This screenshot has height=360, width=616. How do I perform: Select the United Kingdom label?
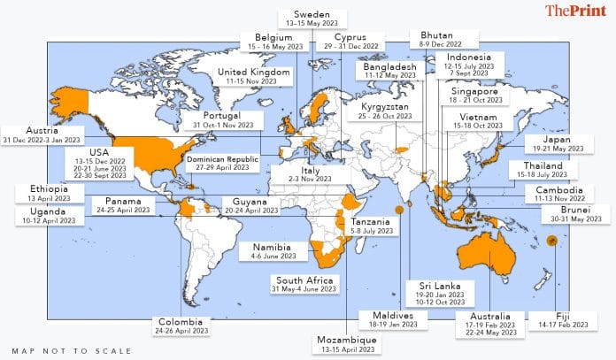click(253, 72)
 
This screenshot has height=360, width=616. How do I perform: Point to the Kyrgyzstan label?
click(385, 107)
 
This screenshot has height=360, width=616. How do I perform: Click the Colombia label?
click(180, 321)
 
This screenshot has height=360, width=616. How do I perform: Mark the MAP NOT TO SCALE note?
click(72, 350)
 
